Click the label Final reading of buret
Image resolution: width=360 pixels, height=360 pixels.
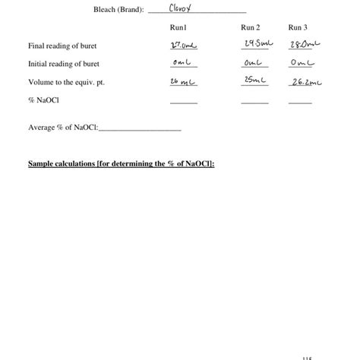[62, 46]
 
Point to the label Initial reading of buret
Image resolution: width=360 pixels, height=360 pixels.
[64, 64]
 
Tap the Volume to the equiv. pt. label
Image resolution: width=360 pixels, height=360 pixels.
[71, 82]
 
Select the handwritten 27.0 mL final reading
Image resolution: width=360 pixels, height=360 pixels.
[183, 46]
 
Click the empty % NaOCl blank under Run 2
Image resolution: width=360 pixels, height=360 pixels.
[254, 102]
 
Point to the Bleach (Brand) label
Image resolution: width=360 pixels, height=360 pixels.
[118, 9]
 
